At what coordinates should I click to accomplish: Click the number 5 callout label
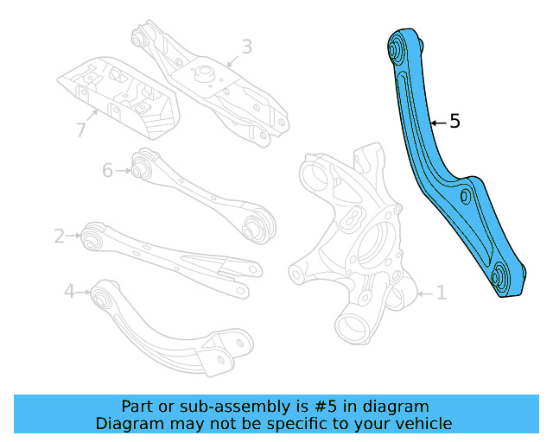tap(454, 122)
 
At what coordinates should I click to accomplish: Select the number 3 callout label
tap(246, 46)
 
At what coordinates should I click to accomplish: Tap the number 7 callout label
tap(81, 130)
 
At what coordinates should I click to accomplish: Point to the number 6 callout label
tap(107, 170)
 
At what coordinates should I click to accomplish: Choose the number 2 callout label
tap(60, 235)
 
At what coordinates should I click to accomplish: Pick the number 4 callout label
tap(69, 292)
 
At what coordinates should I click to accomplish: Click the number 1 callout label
tap(440, 294)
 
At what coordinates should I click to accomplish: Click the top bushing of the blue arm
tap(400, 48)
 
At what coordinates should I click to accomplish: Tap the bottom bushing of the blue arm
tap(501, 278)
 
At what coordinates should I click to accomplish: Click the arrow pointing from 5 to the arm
tap(437, 123)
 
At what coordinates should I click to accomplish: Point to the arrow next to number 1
tap(423, 294)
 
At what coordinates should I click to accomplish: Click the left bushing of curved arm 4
tap(104, 297)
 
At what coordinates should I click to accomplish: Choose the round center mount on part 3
tap(207, 73)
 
